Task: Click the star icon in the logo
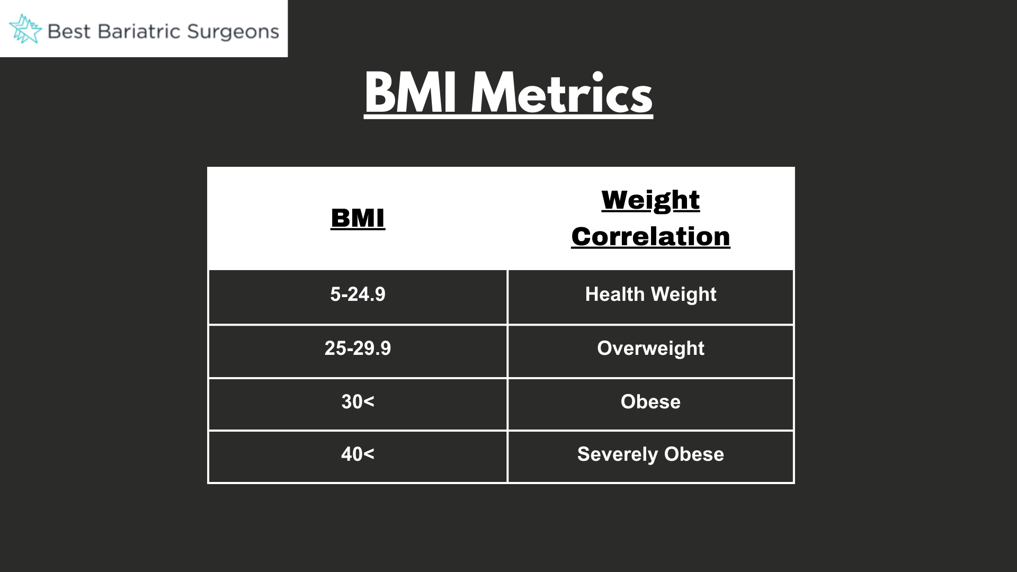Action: [x=25, y=29]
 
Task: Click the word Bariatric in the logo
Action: [x=139, y=31]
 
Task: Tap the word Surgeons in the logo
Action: [x=233, y=32]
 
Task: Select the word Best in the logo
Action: [x=69, y=31]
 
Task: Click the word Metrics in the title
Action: [x=561, y=93]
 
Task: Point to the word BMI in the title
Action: [x=411, y=93]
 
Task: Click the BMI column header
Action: [x=358, y=218]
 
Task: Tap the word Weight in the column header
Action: [x=650, y=201]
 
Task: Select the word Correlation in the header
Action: [x=650, y=236]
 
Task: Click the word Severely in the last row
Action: [x=618, y=454]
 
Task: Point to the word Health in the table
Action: [x=614, y=294]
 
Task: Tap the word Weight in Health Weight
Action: [x=684, y=294]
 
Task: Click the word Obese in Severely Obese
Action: [x=694, y=454]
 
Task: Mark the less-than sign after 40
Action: [x=369, y=454]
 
